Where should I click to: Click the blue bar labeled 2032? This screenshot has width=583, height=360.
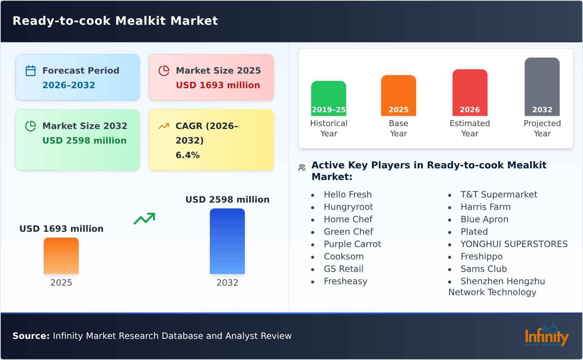[227, 241]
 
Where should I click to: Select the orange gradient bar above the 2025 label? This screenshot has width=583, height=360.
[61, 255]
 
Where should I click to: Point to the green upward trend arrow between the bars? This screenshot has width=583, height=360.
[144, 219]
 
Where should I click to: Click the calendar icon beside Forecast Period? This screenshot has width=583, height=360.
[31, 71]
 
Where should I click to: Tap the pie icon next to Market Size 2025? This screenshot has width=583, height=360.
[164, 71]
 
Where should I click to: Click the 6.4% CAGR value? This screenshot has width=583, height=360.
[188, 155]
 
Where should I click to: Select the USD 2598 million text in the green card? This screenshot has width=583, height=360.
[85, 141]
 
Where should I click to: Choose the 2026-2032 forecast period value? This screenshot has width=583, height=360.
[69, 85]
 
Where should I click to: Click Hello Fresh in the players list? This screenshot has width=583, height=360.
[348, 195]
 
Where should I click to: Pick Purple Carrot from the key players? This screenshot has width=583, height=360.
[352, 244]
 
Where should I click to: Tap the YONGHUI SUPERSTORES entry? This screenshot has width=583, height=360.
[514, 244]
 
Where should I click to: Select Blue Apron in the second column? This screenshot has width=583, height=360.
[484, 219]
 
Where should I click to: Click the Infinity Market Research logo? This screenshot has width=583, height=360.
[546, 336]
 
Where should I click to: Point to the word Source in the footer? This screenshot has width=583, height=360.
[31, 336]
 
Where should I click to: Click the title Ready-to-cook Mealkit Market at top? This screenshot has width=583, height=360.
[115, 21]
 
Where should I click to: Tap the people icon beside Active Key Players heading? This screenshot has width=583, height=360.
[302, 168]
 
